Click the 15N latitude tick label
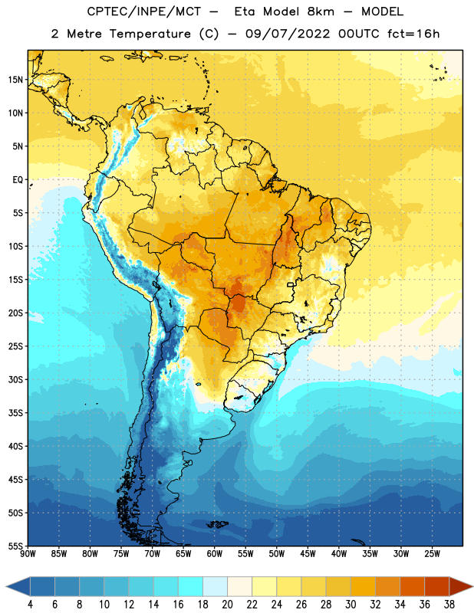pos(15,80)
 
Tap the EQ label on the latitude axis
pos(18,180)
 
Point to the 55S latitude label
pos(15,546)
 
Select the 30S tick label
pos(15,379)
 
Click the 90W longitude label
pos(28,553)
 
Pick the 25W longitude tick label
pos(432,553)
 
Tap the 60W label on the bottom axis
pos(215,553)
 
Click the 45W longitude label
pos(308,553)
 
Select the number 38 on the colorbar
pos(449,605)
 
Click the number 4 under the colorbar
pos(30,605)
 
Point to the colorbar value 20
pos(227,605)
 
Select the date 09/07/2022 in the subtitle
pos(288,34)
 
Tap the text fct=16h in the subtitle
pos(413,34)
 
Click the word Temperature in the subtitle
pos(150,34)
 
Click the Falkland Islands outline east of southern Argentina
pos(217,524)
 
